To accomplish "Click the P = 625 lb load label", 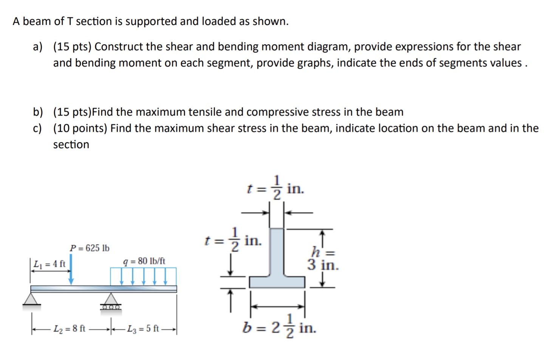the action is (90, 248).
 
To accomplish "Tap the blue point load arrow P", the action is (71, 270).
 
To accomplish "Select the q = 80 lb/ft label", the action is (144, 261).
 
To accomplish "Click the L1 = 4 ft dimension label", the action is (49, 264).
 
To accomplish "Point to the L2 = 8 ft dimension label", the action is (70, 329).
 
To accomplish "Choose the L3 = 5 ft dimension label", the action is (143, 329).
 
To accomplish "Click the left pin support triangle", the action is (31, 298).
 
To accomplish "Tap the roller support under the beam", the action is (110, 302).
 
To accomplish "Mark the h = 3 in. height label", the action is (323, 259).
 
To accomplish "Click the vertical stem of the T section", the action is (277, 251).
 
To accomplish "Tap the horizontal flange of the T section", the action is (277, 282).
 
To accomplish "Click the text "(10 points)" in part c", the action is (80, 128).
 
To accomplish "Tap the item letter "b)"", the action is (37, 112).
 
